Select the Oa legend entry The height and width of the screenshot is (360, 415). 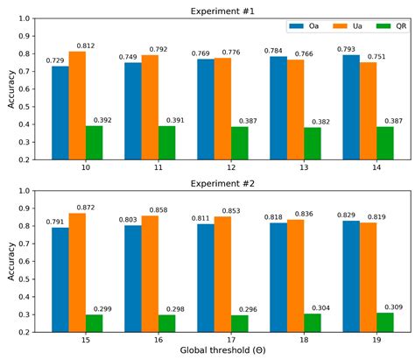click(306, 27)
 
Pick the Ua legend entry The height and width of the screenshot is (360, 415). click(346, 27)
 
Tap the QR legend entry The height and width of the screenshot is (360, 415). click(386, 27)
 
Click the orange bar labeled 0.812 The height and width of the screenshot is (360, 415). click(77, 105)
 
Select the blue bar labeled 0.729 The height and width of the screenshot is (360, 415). click(60, 113)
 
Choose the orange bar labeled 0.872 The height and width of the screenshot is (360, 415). click(77, 272)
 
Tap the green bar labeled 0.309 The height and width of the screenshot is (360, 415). click(384, 322)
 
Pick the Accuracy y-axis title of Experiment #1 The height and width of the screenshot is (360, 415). click(11, 88)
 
